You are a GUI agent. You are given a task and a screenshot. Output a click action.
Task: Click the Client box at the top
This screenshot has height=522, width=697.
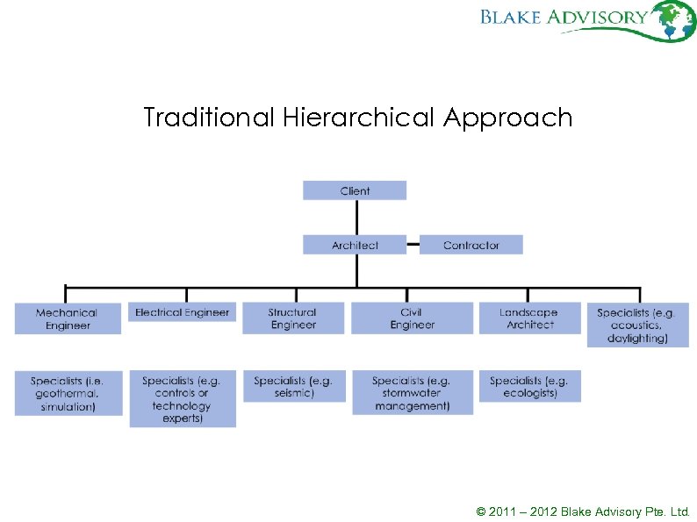pyautogui.click(x=355, y=190)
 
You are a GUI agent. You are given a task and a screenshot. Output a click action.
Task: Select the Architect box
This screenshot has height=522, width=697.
pyautogui.click(x=355, y=245)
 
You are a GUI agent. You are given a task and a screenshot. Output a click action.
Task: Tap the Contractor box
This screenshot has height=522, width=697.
pyautogui.click(x=471, y=245)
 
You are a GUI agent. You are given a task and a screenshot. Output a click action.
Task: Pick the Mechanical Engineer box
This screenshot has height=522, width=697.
pyautogui.click(x=68, y=318)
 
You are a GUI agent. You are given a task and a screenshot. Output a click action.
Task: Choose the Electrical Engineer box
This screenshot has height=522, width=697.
pyautogui.click(x=182, y=312)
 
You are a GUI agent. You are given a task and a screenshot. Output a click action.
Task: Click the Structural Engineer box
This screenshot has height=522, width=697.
pyautogui.click(x=293, y=318)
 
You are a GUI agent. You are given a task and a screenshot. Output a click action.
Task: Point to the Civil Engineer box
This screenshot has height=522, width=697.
pyautogui.click(x=411, y=318)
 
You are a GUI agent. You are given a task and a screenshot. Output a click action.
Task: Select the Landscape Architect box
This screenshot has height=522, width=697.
pyautogui.click(x=530, y=318)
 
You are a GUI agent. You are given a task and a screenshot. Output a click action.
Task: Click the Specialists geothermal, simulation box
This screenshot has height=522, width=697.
pyautogui.click(x=68, y=393)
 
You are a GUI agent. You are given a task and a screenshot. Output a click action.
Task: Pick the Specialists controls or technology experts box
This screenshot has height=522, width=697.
pyautogui.click(x=183, y=399)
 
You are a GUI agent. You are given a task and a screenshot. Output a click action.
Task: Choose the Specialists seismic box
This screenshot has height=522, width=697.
pyautogui.click(x=293, y=387)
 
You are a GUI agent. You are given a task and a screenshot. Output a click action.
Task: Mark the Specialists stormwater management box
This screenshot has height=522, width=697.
pyautogui.click(x=411, y=393)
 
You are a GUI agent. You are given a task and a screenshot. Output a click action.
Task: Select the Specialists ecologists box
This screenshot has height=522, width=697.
pyautogui.click(x=530, y=387)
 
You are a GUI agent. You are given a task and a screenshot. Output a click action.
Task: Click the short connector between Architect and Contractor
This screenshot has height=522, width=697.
pyautogui.click(x=413, y=245)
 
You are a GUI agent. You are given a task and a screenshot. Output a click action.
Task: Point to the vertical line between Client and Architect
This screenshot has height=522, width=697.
pyautogui.click(x=356, y=218)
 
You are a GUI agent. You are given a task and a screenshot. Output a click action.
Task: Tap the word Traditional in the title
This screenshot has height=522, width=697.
pyautogui.click(x=209, y=118)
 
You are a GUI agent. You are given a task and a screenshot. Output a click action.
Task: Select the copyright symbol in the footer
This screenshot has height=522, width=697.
pyautogui.click(x=480, y=511)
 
